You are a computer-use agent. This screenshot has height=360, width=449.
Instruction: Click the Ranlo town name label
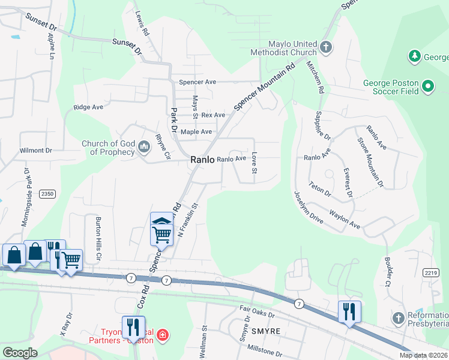coord(202,160)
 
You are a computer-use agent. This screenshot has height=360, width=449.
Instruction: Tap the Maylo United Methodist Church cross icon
coord(325,47)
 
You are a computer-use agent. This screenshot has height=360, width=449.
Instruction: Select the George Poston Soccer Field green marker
coord(428,87)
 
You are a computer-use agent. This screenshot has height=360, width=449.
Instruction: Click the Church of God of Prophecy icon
coord(144,147)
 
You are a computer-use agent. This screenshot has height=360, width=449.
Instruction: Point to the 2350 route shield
coord(47,194)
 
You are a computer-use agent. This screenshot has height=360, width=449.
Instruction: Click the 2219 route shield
coord(429,272)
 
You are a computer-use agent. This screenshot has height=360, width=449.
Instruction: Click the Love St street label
coord(254,164)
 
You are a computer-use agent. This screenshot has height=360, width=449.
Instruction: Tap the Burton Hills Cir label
coord(98,233)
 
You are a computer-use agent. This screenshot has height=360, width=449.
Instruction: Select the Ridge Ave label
coord(88,107)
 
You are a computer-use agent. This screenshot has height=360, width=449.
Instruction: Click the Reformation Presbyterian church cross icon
coord(397,317)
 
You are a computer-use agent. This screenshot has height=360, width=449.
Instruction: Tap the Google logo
coord(20,353)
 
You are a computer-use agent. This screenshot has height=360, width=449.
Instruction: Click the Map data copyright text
coord(423,355)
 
